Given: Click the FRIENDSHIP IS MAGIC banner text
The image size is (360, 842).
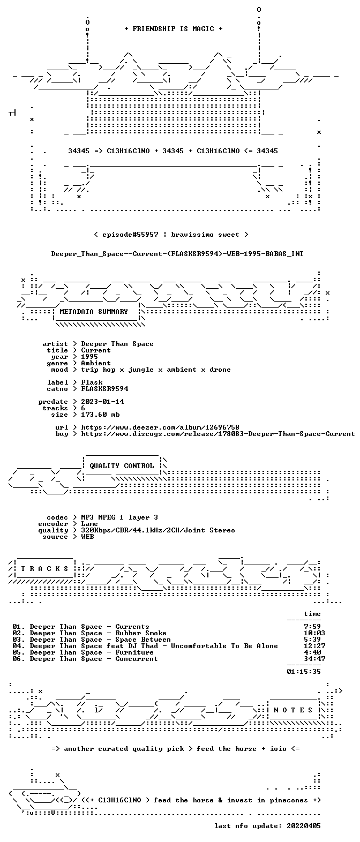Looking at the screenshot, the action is pyautogui.click(x=173, y=29).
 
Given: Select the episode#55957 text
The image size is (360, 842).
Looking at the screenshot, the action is pyautogui.click(x=130, y=235).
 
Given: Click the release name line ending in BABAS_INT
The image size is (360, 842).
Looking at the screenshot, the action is pyautogui.click(x=177, y=254).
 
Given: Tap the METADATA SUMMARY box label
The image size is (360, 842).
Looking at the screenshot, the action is pyautogui.click(x=94, y=312).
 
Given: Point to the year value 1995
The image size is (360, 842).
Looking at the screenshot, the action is pyautogui.click(x=89, y=357).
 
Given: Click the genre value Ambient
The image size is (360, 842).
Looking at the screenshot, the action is pyautogui.click(x=96, y=363).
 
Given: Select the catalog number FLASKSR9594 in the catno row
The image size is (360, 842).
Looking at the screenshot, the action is pyautogui.click(x=104, y=389).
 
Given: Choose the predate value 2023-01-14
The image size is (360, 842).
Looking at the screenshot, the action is pyautogui.click(x=102, y=402).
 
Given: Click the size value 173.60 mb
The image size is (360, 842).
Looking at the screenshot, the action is pyautogui.click(x=100, y=415).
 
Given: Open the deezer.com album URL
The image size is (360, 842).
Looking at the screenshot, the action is pyautogui.click(x=160, y=427).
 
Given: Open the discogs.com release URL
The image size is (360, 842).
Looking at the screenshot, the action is pyautogui.click(x=218, y=434).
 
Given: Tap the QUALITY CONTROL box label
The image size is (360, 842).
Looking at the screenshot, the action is pyautogui.click(x=122, y=466).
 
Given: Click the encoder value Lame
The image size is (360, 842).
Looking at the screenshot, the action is pyautogui.click(x=89, y=524).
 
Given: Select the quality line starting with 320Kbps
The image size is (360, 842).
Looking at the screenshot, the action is pyautogui.click(x=158, y=530).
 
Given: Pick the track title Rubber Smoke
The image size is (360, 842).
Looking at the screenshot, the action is pyautogui.click(x=141, y=633).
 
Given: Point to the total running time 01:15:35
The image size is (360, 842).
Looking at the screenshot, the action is pyautogui.click(x=304, y=671).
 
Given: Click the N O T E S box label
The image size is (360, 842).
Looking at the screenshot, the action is pyautogui.click(x=293, y=710).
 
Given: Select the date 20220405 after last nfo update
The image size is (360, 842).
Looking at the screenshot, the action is pyautogui.click(x=304, y=826).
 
